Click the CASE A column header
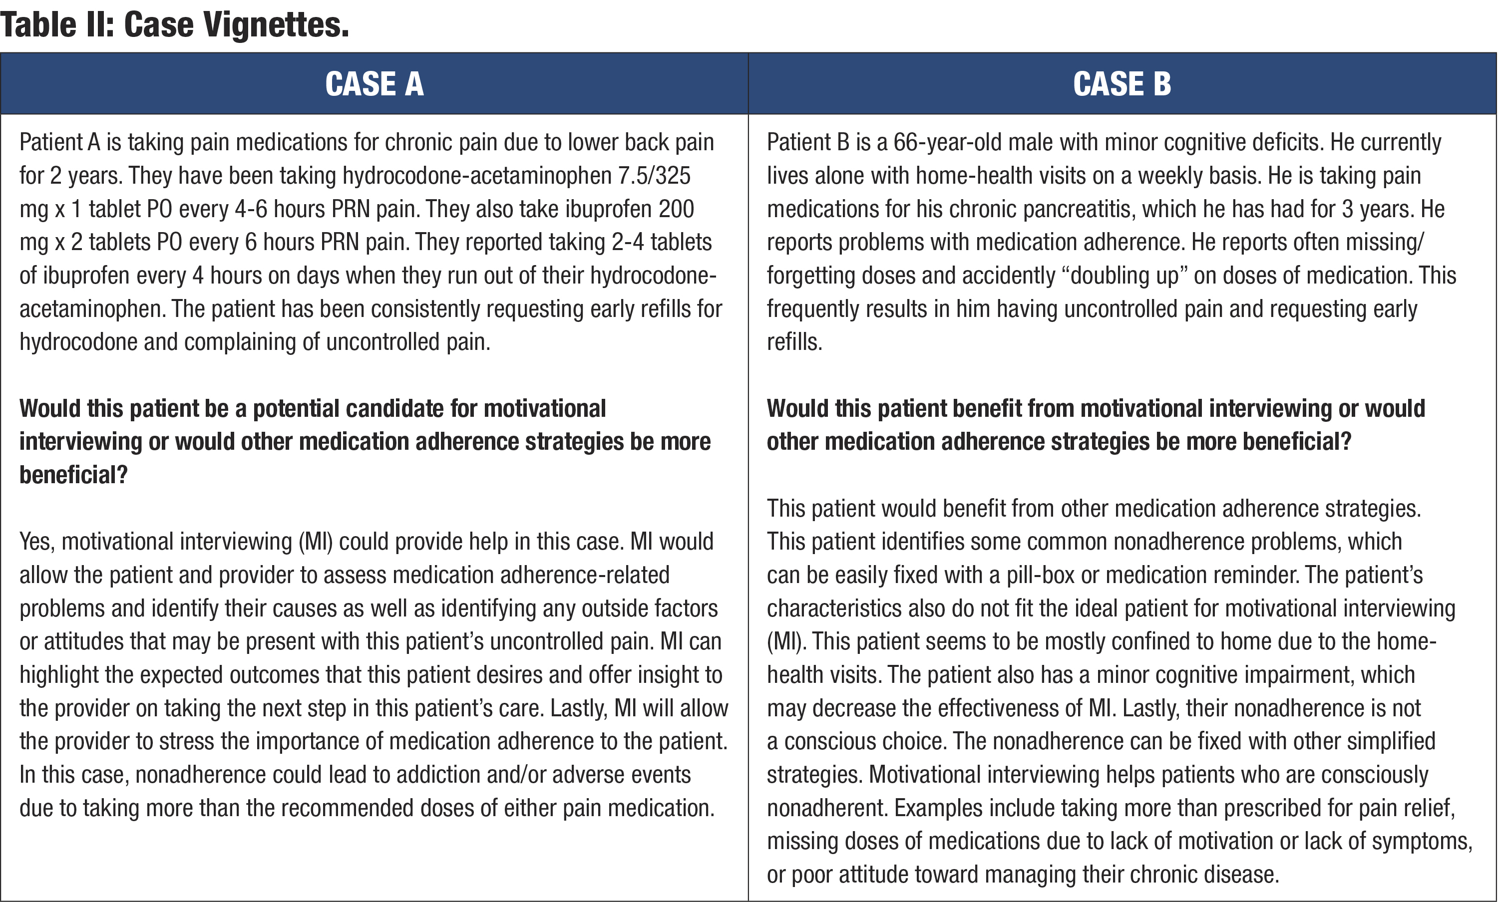point(374,84)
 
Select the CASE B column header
point(1122,84)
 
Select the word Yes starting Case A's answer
point(36,542)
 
